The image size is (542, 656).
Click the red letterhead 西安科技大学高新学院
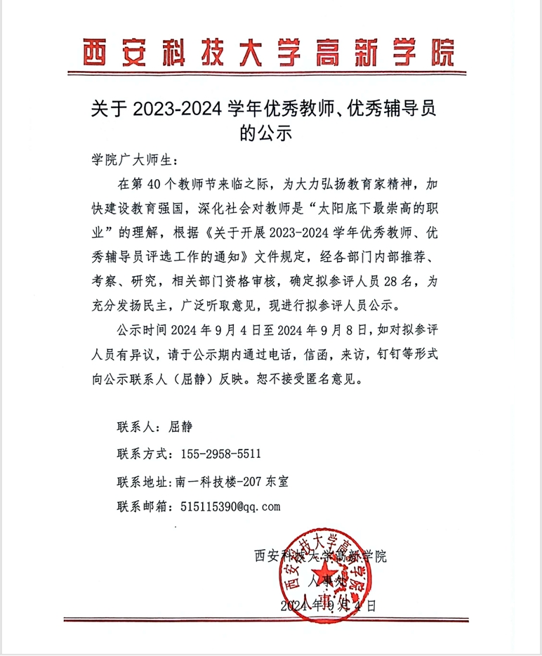point(269,51)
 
